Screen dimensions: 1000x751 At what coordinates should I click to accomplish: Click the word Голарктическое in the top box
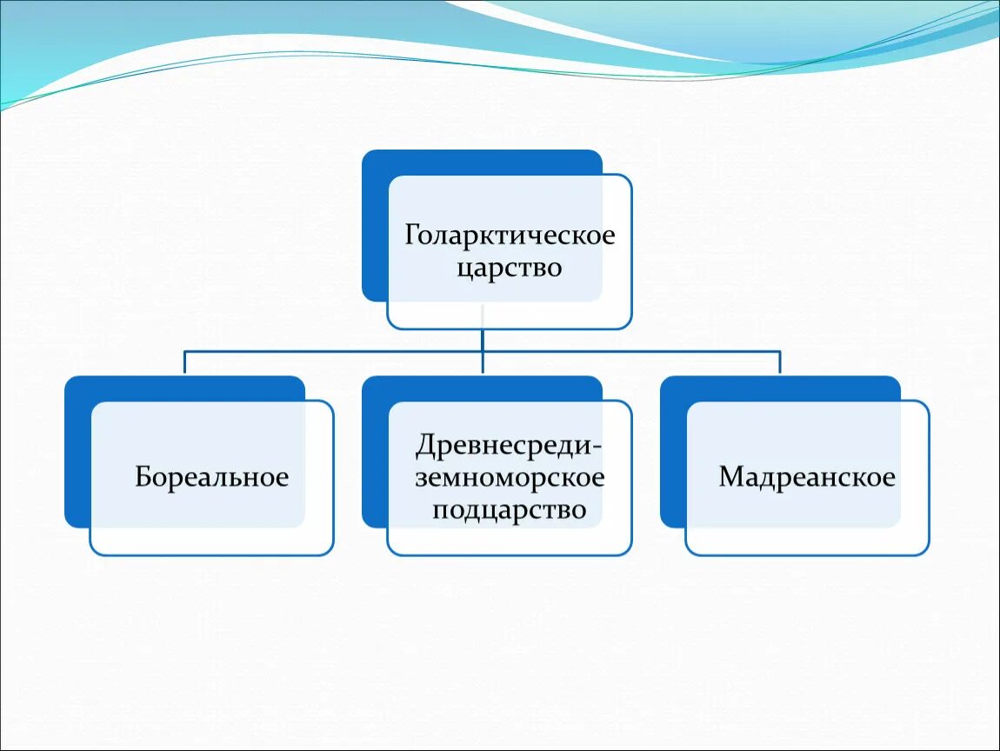[x=510, y=236]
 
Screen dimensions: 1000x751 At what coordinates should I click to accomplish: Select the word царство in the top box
[x=510, y=267]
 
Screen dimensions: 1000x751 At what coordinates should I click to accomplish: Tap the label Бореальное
[x=211, y=477]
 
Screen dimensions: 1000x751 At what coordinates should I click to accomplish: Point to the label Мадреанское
[x=807, y=477]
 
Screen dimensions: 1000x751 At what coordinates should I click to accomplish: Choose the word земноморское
[x=510, y=477]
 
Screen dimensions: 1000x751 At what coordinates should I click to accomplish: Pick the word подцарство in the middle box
[x=510, y=508]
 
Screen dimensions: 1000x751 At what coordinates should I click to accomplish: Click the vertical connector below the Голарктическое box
[x=483, y=339]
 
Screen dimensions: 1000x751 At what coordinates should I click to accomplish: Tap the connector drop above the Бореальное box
[x=184, y=362]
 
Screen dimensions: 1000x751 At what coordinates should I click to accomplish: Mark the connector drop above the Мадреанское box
[x=780, y=362]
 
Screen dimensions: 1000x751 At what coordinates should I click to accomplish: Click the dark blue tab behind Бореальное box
[x=77, y=452]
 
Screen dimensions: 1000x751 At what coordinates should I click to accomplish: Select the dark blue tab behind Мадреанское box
[x=672, y=452]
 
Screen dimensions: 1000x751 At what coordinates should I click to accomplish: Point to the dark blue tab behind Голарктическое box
[x=374, y=226]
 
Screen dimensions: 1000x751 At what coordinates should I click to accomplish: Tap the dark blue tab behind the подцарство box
[x=374, y=452]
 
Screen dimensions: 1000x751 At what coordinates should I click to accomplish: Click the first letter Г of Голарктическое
[x=412, y=236]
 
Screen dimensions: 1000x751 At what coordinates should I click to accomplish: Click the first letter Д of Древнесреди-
[x=426, y=446]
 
